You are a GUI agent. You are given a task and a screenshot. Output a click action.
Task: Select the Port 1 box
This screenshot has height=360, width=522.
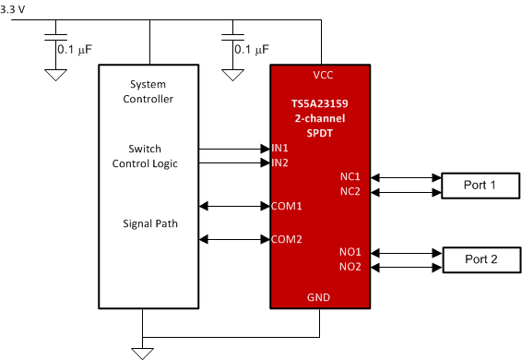pos(480,186)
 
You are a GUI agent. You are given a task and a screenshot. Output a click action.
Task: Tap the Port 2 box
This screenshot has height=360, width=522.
pos(480,259)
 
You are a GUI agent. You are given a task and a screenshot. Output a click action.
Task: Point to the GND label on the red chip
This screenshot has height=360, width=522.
pos(319,297)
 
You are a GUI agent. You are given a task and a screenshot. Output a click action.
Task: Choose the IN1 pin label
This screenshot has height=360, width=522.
pos(280,148)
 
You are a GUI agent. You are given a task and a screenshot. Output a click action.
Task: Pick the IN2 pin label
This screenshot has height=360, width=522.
pos(280,162)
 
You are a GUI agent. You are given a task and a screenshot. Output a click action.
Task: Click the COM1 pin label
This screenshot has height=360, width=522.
pos(287,205)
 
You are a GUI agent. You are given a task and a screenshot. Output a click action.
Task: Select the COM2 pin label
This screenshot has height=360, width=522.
pos(287,239)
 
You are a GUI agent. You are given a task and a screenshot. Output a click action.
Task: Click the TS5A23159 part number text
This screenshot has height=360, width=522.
pos(319,105)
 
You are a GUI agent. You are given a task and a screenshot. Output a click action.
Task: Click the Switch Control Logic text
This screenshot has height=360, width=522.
pos(145,156)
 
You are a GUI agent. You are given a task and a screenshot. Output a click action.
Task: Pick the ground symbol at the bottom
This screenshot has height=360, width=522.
pos(142,351)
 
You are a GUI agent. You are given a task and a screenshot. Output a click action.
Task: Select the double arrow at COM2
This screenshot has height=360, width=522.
pos(234,240)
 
